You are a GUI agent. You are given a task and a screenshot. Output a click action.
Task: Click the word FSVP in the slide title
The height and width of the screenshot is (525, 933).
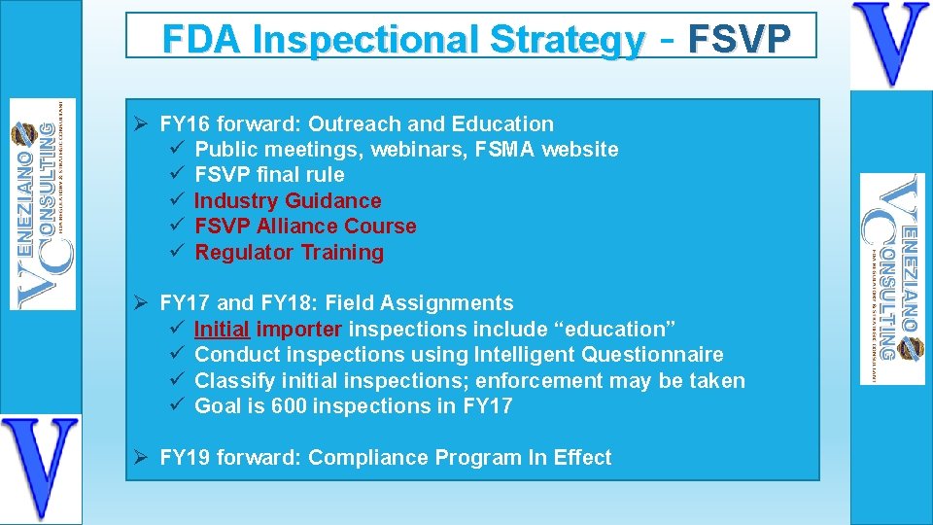[x=739, y=38]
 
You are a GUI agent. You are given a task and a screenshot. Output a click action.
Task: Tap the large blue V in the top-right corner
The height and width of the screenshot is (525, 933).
[x=890, y=45]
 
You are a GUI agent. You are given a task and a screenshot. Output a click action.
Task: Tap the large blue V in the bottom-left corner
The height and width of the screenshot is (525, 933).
[x=40, y=468]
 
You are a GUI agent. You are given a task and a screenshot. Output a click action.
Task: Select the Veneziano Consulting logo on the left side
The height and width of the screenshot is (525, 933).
[x=42, y=204]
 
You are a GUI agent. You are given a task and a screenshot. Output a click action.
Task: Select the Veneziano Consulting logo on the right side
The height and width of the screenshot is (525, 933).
[x=892, y=279]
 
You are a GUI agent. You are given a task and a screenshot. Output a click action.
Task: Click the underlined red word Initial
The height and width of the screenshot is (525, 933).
[x=222, y=330]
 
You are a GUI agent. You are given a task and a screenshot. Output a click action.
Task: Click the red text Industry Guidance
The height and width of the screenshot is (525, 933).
[x=288, y=201]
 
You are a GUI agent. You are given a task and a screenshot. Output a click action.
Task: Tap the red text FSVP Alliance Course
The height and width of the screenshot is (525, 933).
[x=305, y=227]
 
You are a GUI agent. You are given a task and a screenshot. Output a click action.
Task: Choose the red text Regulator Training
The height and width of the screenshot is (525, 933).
[x=289, y=253]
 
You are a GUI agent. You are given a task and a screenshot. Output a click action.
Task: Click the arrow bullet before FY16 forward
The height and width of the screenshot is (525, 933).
[x=141, y=124]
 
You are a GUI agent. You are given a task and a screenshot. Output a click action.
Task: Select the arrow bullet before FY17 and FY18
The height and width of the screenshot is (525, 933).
[x=141, y=303]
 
